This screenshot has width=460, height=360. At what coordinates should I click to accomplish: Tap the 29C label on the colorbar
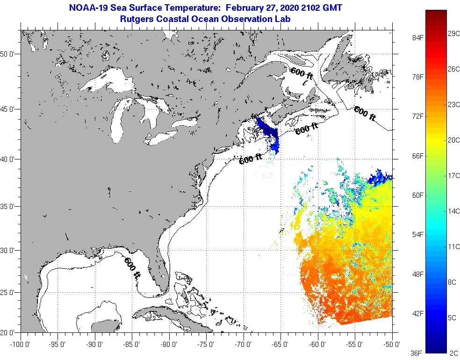[453, 34]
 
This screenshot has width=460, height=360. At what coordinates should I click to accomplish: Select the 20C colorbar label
[453, 140]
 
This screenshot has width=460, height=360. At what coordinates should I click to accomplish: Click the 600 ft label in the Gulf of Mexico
[132, 268]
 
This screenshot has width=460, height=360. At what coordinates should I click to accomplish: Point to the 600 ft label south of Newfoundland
[365, 114]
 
